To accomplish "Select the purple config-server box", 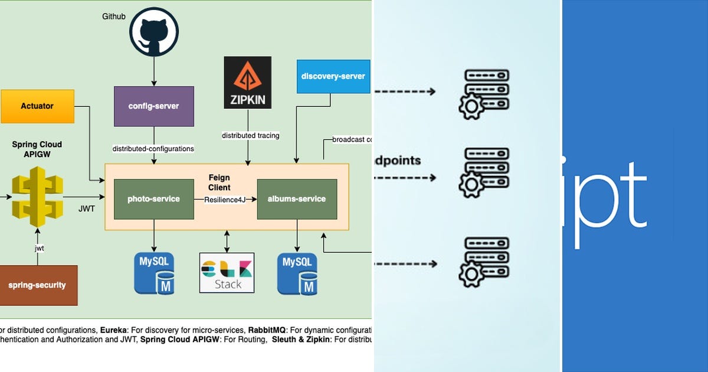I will click(153, 106).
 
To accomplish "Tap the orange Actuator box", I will click(37, 106).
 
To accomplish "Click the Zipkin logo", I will click(247, 83).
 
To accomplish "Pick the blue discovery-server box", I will click(333, 76).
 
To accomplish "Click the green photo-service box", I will click(153, 199).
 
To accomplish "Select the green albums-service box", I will click(297, 199).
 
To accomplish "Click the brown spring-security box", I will click(38, 285).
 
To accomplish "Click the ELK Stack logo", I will click(227, 272).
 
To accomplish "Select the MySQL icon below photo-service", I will click(153, 273).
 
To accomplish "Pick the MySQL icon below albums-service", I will click(297, 273).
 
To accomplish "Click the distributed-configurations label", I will click(153, 149).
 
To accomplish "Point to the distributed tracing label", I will click(250, 136).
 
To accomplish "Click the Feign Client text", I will click(219, 182).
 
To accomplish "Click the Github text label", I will click(114, 16).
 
